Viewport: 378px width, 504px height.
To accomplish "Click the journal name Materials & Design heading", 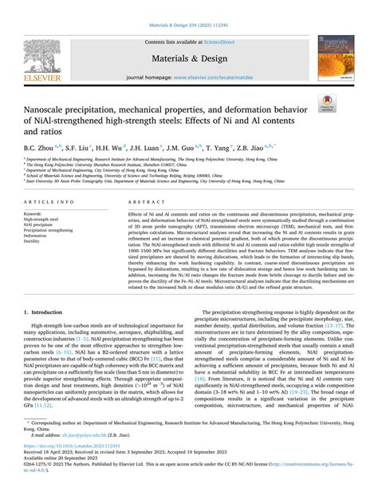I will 189,59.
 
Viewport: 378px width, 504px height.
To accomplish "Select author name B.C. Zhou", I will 40,148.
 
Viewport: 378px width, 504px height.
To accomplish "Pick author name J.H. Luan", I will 148,148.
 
